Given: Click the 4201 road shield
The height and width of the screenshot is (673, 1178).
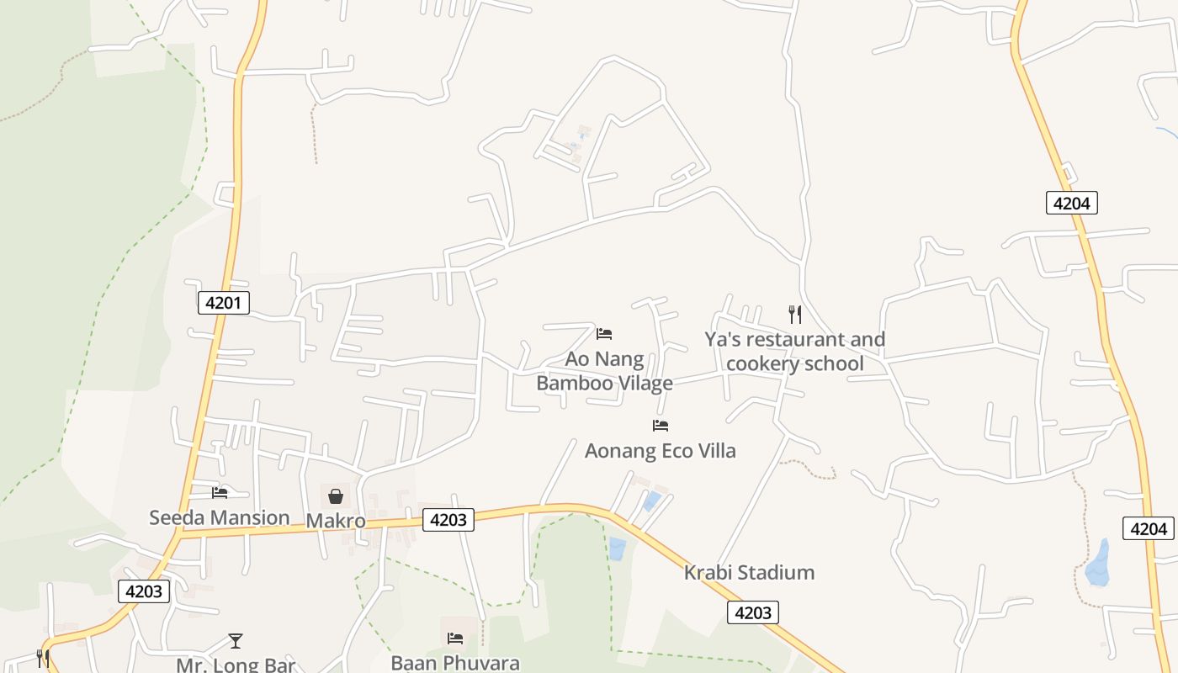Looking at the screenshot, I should (x=224, y=303).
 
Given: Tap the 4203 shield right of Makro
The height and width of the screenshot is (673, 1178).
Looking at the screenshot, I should (x=448, y=520).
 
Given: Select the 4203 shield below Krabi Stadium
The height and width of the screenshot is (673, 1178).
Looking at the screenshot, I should (x=752, y=612).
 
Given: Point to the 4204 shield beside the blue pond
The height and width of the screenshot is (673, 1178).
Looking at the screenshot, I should (x=1149, y=528).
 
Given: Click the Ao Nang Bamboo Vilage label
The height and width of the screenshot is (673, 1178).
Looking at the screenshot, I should (x=604, y=371).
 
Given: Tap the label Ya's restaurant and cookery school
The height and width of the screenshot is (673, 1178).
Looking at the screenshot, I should (x=794, y=352).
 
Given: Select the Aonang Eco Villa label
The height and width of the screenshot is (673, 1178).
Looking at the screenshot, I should (x=660, y=451).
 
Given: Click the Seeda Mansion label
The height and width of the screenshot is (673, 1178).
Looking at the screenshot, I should (x=219, y=517).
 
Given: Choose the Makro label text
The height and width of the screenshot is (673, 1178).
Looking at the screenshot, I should (x=335, y=521).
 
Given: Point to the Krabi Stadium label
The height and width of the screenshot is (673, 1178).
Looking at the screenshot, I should (x=749, y=573).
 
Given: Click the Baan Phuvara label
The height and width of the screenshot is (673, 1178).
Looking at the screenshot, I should (x=454, y=663).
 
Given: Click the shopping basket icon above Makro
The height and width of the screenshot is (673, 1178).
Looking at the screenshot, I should (x=335, y=496).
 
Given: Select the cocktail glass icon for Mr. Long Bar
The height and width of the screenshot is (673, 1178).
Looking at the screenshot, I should (x=236, y=641).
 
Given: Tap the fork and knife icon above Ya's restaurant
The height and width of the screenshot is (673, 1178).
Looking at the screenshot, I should (x=794, y=315).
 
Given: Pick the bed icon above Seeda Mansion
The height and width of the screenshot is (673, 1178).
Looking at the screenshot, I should (x=220, y=492).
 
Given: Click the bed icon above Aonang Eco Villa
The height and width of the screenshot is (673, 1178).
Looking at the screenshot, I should (x=661, y=426).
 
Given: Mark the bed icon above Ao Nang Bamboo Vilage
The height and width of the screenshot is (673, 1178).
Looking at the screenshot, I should (x=604, y=334).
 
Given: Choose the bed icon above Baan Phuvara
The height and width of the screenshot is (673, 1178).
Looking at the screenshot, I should (x=455, y=639).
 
